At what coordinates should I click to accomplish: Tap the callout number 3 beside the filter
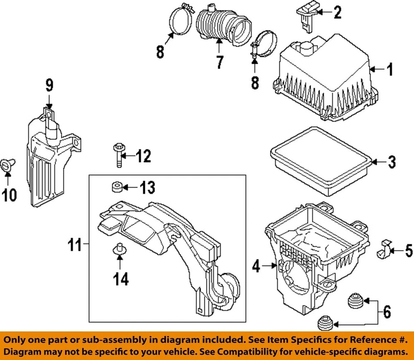tap(391, 162)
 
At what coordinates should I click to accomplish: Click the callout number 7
tap(220, 62)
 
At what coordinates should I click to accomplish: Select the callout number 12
tap(144, 156)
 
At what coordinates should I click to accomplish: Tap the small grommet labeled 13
tap(115, 187)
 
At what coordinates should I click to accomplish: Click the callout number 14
tap(121, 279)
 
